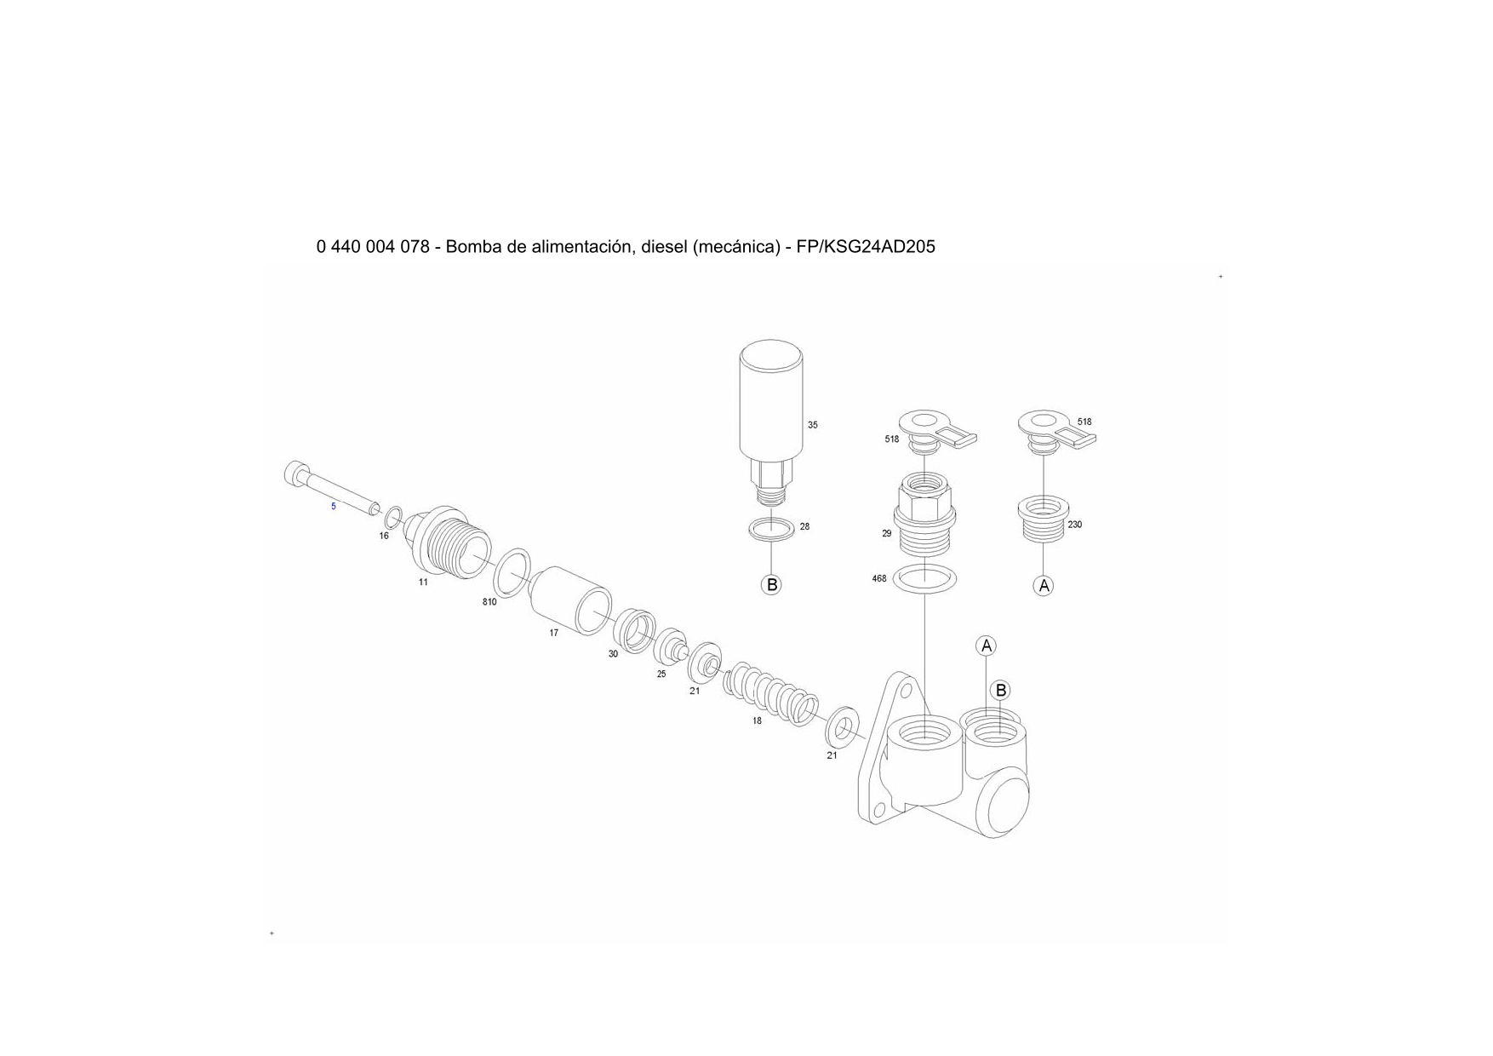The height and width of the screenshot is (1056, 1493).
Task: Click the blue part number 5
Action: pos(334,506)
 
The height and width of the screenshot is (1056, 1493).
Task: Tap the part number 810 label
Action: pos(489,602)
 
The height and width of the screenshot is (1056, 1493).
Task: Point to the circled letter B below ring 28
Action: pos(771,585)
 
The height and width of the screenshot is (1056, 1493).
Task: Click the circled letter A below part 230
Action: pos(1044,586)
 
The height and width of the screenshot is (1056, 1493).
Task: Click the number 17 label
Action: pos(553,633)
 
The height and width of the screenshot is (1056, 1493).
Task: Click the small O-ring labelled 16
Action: pos(394,517)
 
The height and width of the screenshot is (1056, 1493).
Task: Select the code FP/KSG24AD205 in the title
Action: pos(866,247)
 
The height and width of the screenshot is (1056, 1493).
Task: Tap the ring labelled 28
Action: pos(772,529)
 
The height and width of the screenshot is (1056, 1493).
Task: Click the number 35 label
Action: pos(812,425)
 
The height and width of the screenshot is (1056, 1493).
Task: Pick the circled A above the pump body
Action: pos(987,646)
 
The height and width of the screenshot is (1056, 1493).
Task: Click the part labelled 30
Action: pos(635,630)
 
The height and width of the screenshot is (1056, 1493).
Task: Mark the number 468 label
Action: pos(879,579)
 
